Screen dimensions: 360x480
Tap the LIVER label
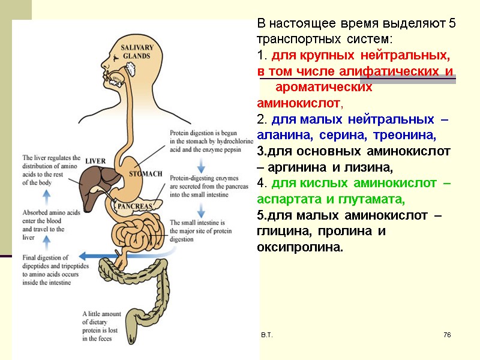pos(95,161)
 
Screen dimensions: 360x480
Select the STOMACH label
pos(146,174)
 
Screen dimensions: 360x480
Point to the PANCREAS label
pos(137,206)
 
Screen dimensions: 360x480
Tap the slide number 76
pos(446,334)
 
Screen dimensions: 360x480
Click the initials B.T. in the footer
pos(266,334)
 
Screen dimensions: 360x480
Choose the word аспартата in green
pos(285,199)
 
